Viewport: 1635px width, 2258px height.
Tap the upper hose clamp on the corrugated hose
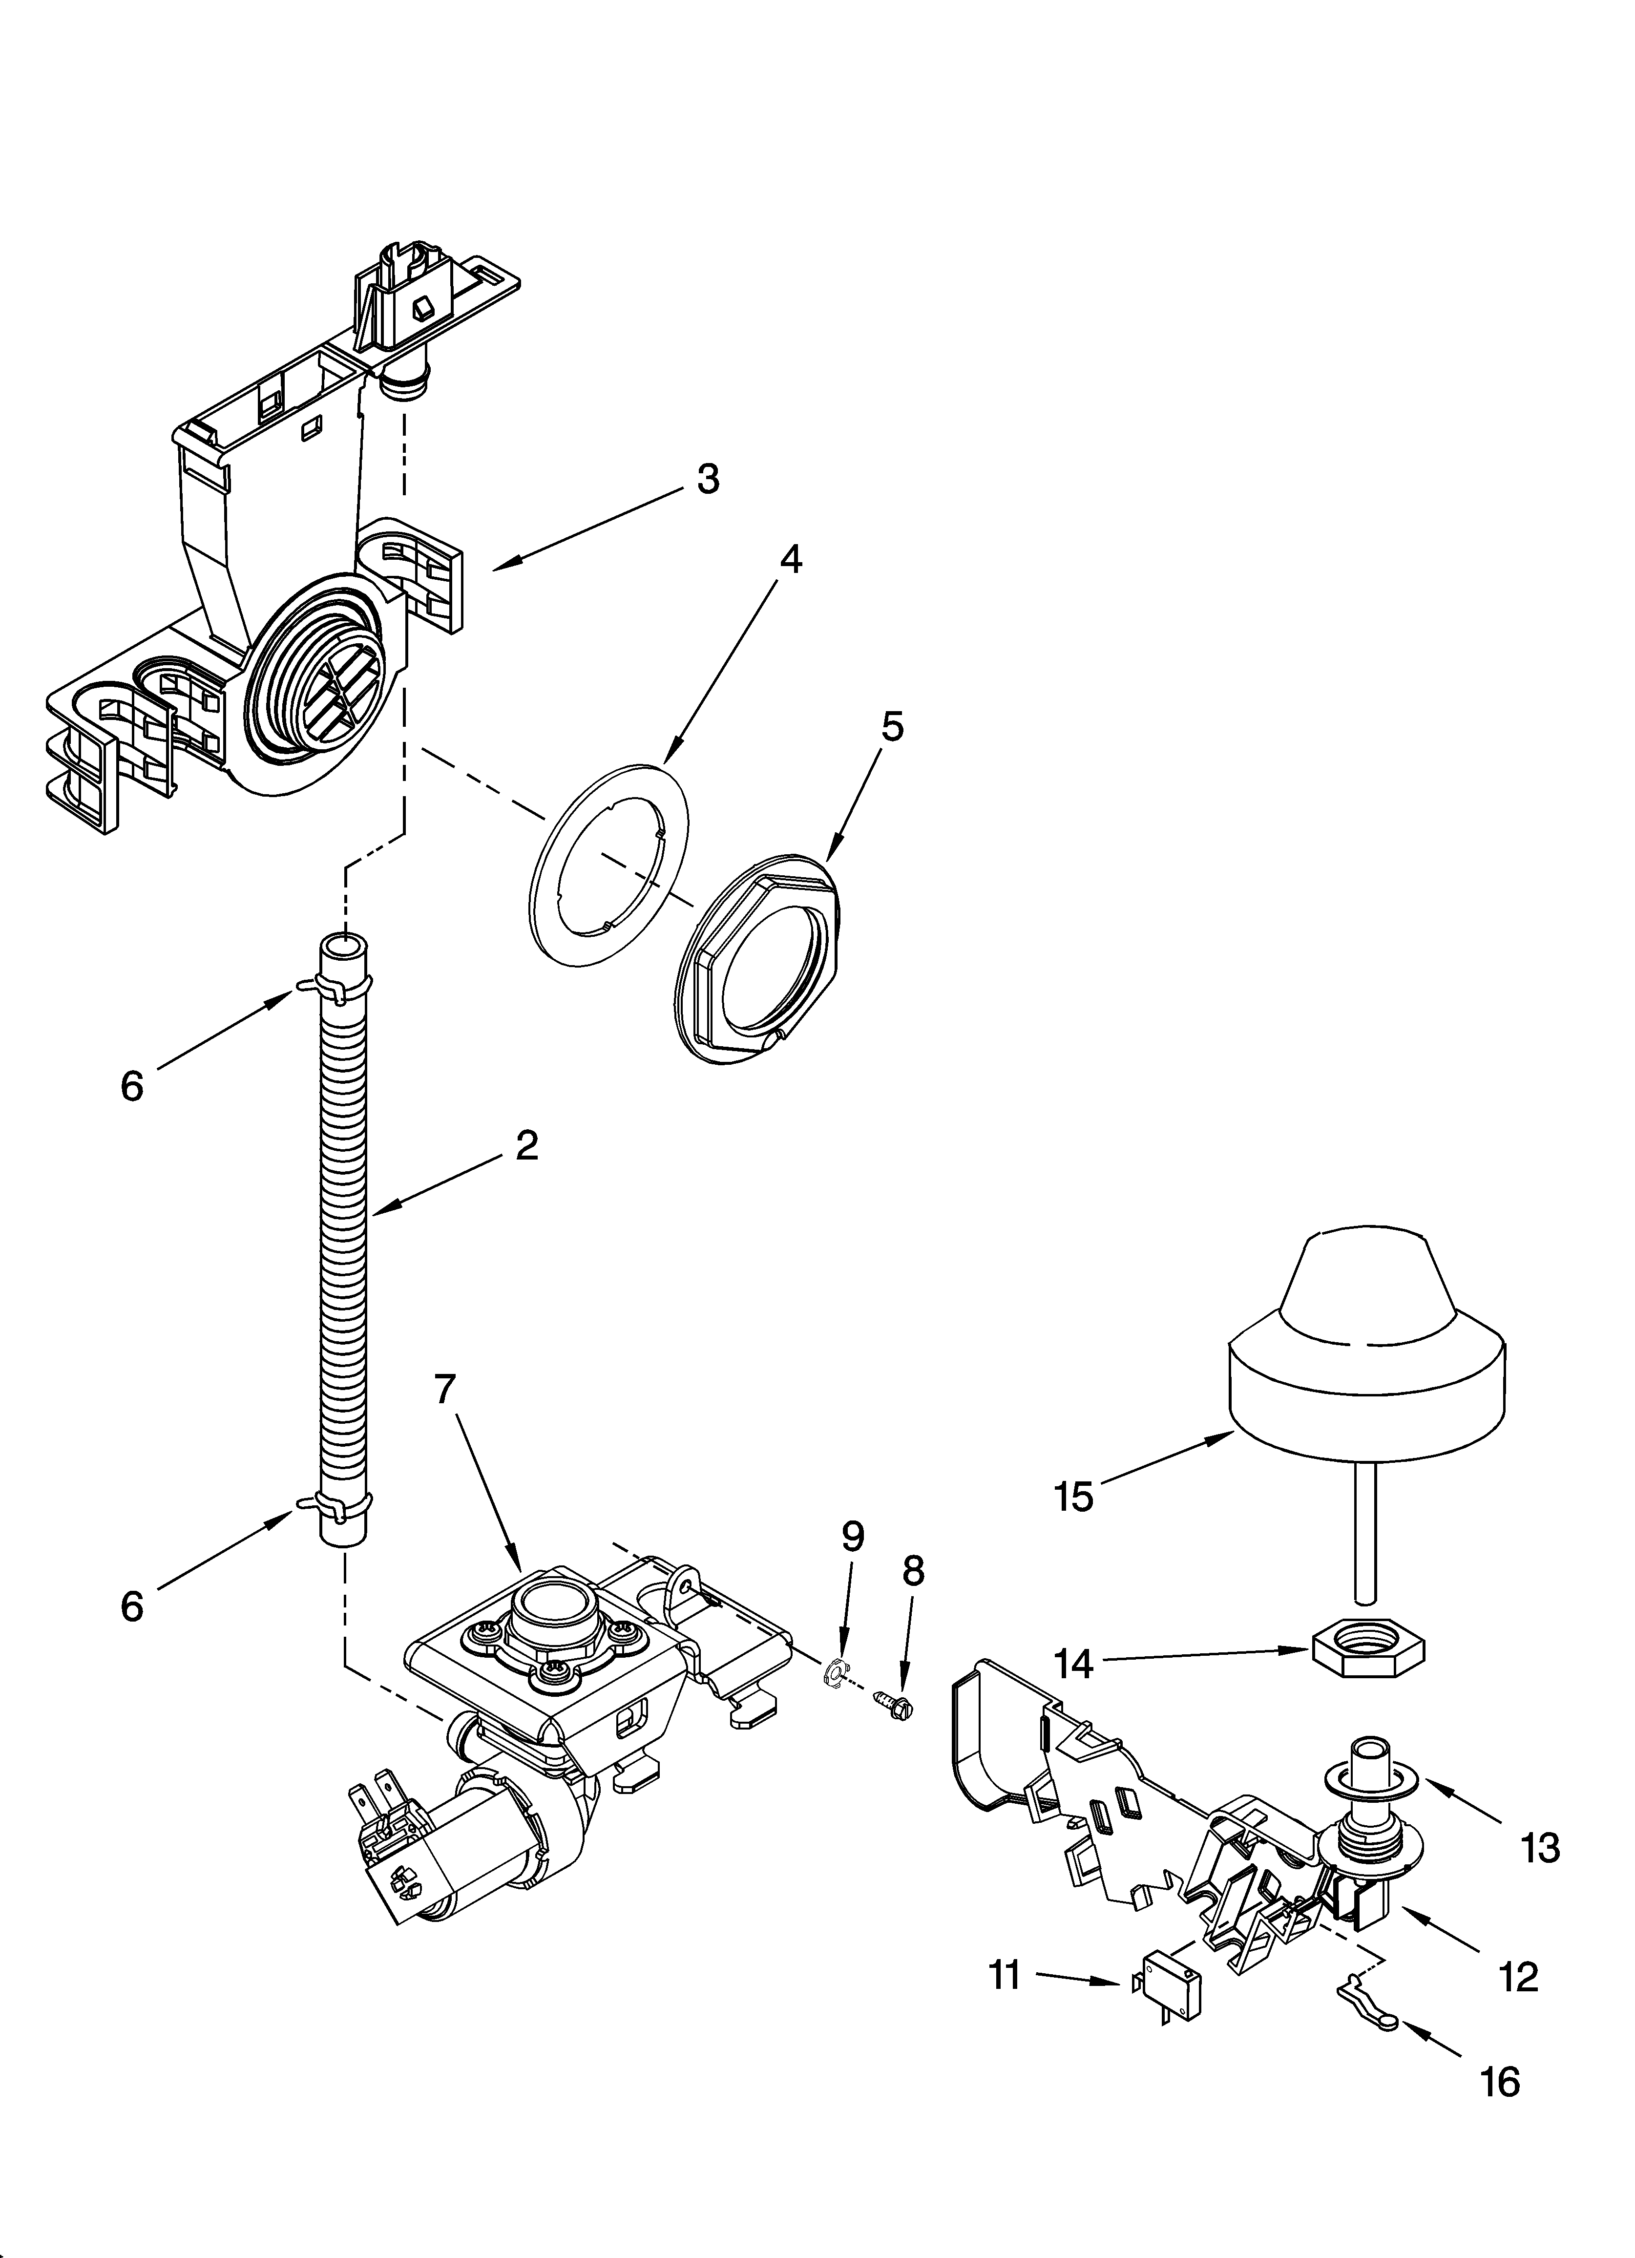[x=338, y=987]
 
